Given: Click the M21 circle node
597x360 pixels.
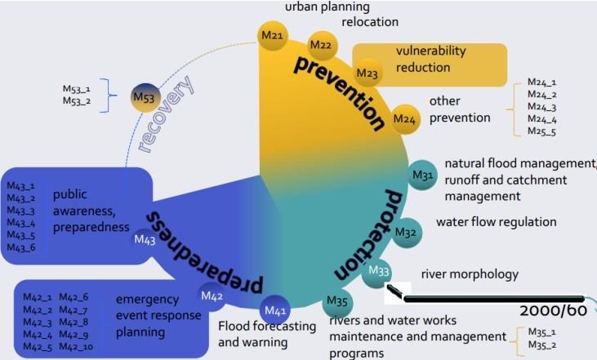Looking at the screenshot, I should pos(271,35).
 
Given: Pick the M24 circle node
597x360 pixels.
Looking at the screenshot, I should pos(404,119).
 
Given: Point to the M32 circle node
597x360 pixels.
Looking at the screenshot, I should pos(406,232).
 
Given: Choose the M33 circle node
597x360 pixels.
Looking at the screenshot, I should pos(379,271).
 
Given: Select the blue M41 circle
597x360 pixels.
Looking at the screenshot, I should pos(278,310).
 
